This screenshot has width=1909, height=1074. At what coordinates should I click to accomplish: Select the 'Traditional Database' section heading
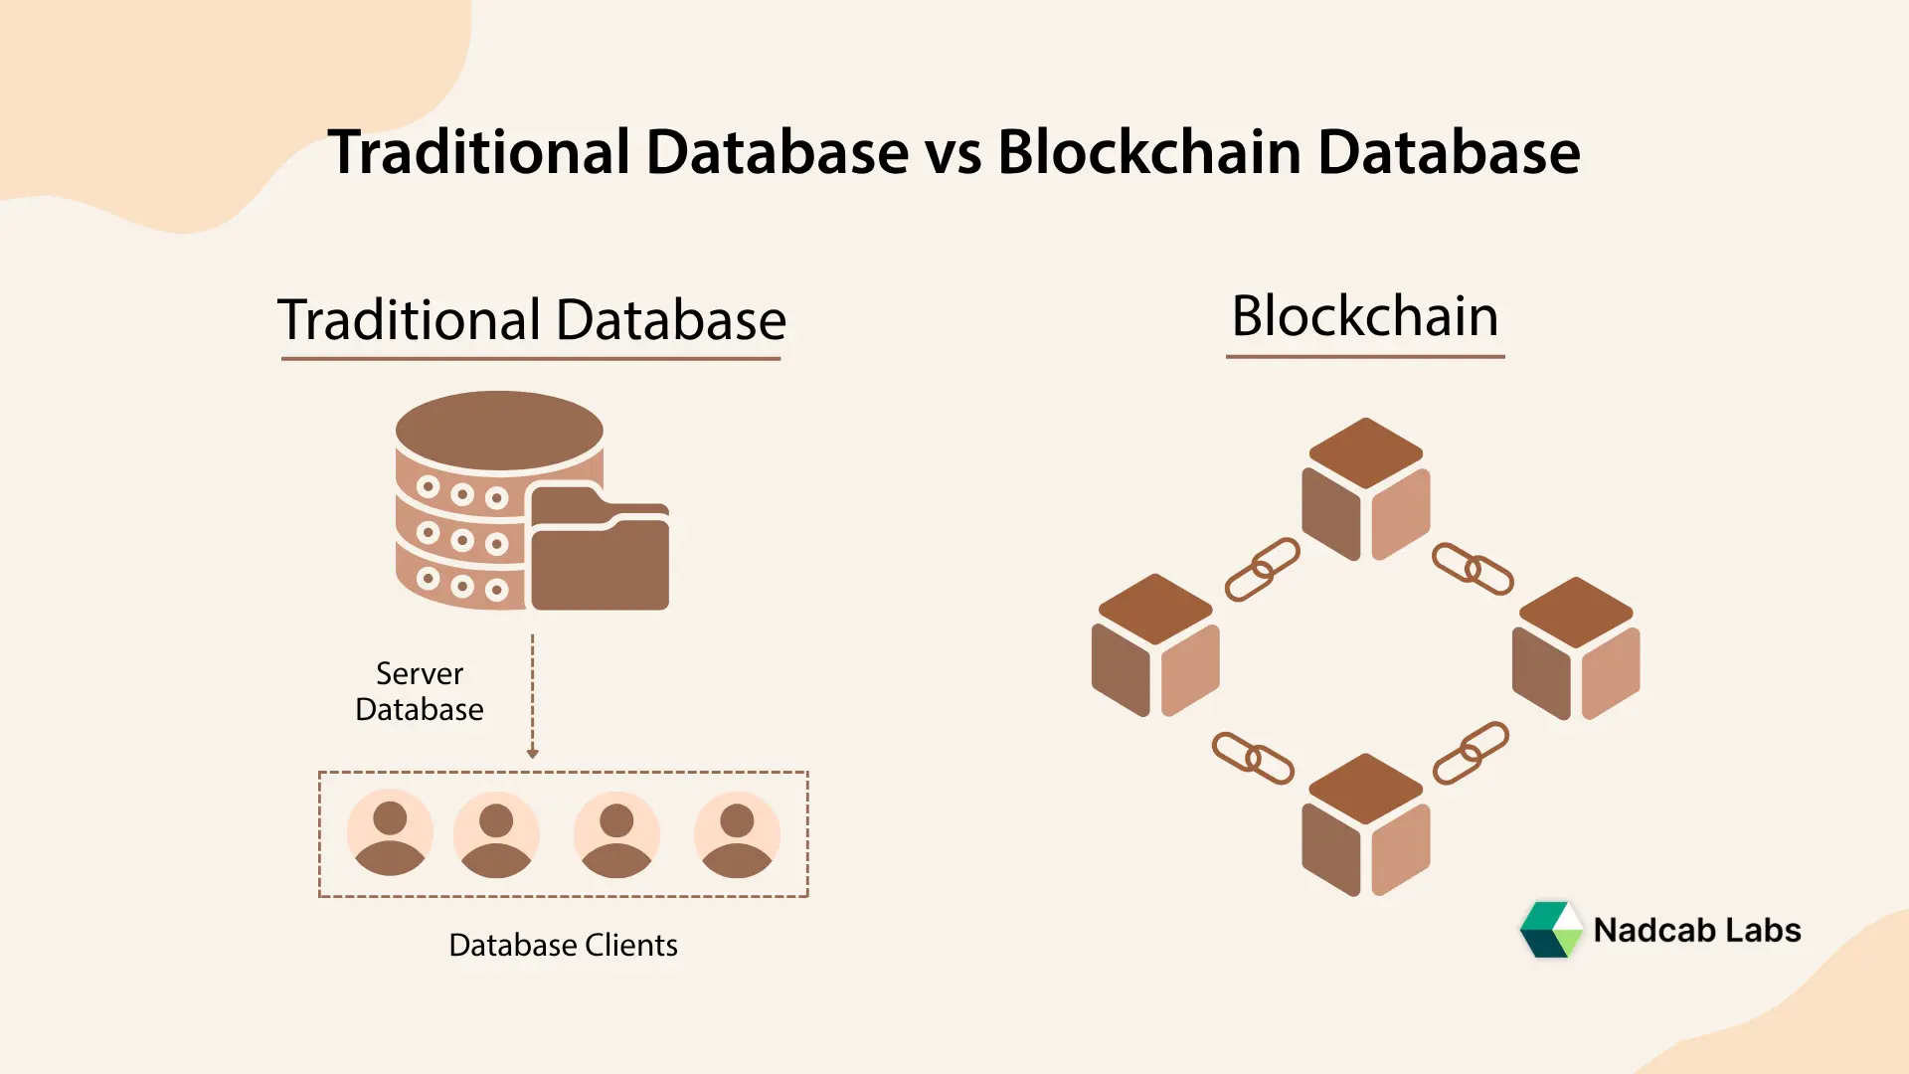pos(531,320)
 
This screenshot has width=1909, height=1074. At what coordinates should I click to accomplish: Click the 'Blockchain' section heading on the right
pos(1364,316)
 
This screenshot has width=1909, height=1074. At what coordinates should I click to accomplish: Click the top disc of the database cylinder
pos(499,430)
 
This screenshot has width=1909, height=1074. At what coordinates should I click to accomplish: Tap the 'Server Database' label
pos(420,691)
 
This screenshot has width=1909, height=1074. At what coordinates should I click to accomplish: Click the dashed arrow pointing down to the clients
pos(533,696)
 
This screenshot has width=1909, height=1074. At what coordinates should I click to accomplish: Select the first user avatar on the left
pos(390,833)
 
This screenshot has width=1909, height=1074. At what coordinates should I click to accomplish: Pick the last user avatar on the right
pos(737,833)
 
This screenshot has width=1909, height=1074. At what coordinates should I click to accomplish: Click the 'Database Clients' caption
pos(563,945)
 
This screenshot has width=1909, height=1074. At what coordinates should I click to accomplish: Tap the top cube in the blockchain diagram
pos(1365,489)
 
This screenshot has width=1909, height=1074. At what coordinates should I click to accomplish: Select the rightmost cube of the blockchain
pos(1576,648)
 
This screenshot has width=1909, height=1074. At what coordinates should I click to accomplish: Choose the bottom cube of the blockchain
pos(1365,825)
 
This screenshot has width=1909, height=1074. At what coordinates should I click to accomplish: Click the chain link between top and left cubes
pos(1262,570)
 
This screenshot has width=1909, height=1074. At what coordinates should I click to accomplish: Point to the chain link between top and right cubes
pos(1473,569)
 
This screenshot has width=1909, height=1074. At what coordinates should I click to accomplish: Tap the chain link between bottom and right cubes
pos(1471,753)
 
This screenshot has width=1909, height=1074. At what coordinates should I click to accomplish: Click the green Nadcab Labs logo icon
pos(1550,930)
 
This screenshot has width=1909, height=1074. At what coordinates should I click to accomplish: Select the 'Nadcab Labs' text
pos(1696,930)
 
